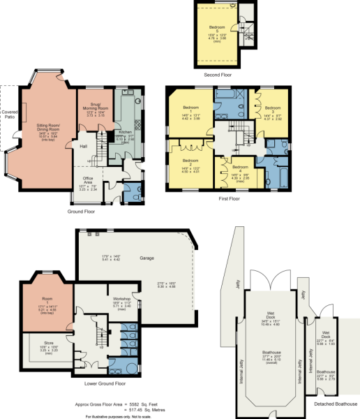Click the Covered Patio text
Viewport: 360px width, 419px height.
point(9,114)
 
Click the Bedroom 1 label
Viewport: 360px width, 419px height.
point(191,108)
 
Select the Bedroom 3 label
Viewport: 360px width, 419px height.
point(272,108)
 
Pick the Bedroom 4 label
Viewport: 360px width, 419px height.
point(240,168)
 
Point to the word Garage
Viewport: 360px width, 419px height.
point(147,258)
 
